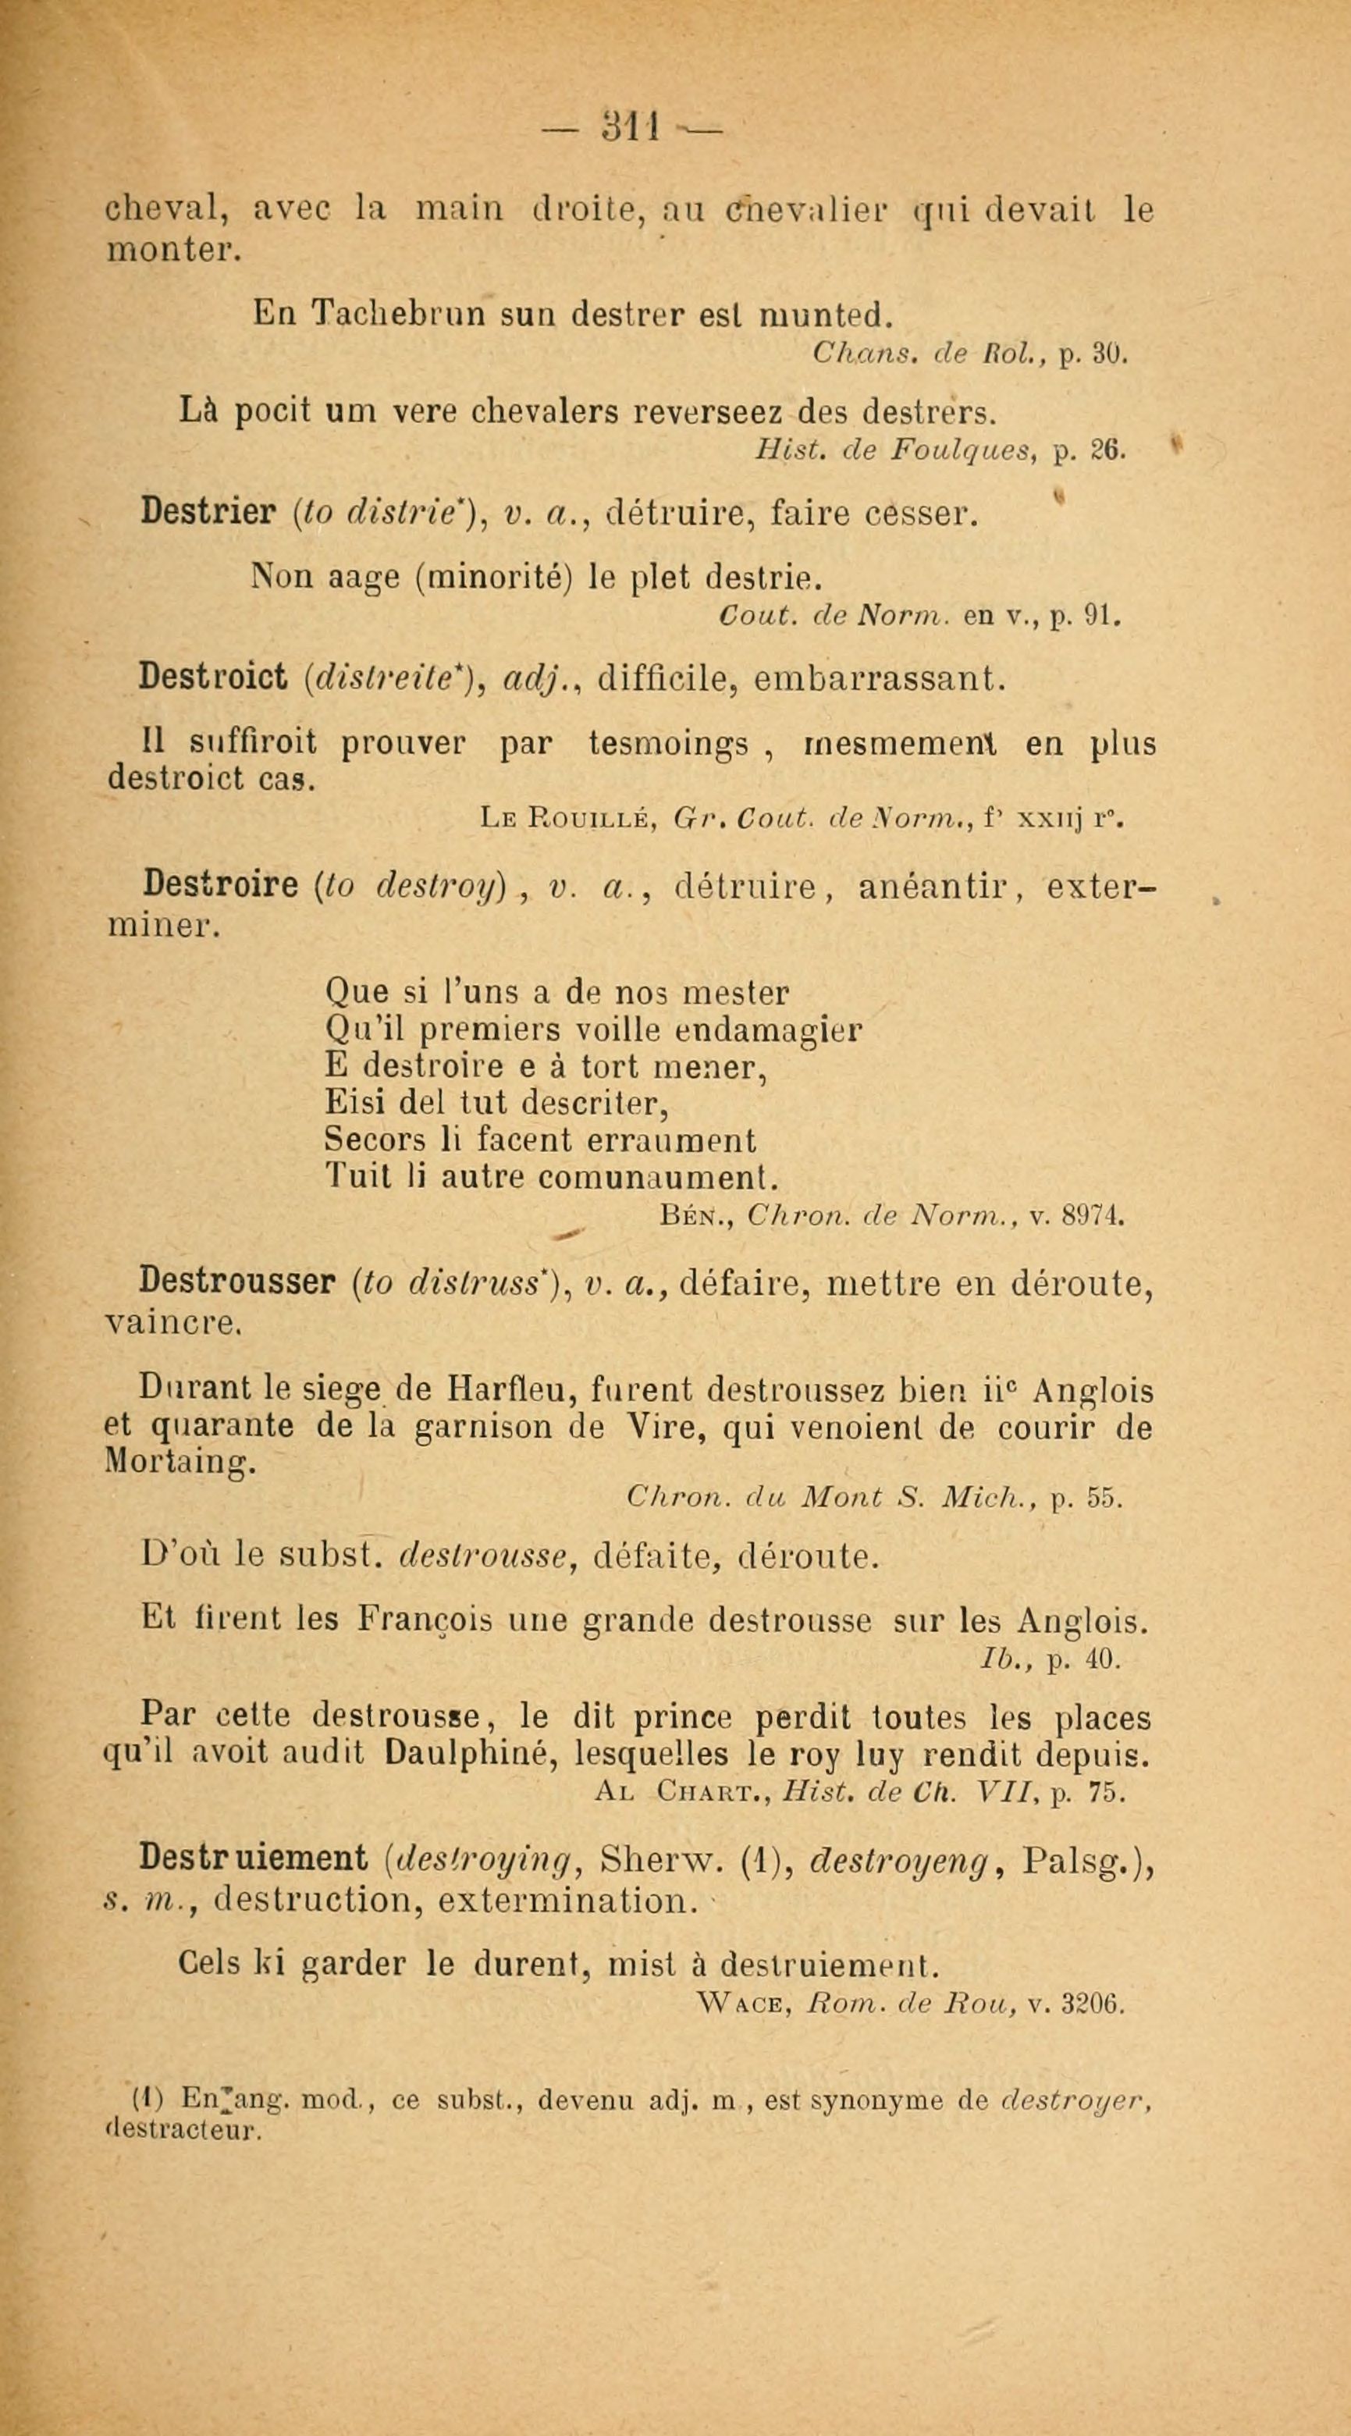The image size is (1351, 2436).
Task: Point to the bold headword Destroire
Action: point(219,886)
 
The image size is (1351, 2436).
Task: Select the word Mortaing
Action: point(178,1463)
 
